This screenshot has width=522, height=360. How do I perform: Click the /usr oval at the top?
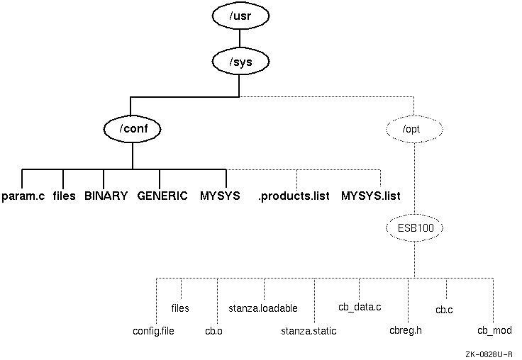point(240,13)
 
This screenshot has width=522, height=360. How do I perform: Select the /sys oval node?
point(240,62)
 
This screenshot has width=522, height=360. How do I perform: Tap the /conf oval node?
point(132,129)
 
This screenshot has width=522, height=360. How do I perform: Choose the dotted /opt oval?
point(414,129)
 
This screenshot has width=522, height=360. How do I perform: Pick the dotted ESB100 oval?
point(414,229)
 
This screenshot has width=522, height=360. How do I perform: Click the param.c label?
point(23,196)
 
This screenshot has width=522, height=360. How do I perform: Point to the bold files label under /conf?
point(64,196)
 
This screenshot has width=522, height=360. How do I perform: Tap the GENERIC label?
point(162,196)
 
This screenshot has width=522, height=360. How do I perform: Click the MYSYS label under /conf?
point(220,196)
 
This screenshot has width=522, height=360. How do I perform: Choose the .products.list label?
point(294,196)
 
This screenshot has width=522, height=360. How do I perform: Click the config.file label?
point(153,331)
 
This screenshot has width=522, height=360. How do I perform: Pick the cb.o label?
point(214,331)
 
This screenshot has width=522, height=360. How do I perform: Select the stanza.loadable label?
point(263,308)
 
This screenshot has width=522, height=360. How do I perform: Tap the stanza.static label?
point(309,331)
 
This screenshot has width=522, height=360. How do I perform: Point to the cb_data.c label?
point(360,307)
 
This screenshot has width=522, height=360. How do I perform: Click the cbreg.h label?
point(406,331)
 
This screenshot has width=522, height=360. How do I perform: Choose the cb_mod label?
point(494,331)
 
